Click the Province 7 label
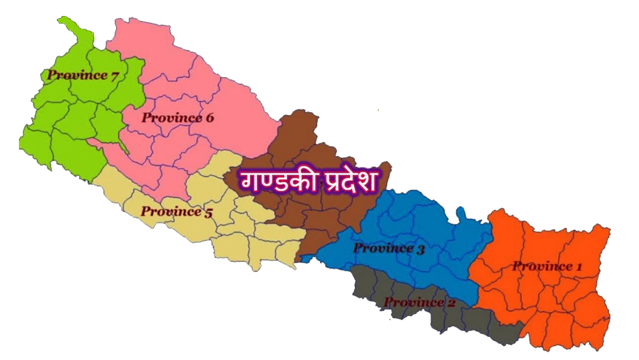coord(82,75)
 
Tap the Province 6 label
coord(178,118)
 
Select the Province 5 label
coord(176,212)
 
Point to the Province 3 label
coord(389,249)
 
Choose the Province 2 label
coord(420,302)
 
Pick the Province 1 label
coord(543,266)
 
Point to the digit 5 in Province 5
coord(208,212)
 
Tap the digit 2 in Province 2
coord(451,302)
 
